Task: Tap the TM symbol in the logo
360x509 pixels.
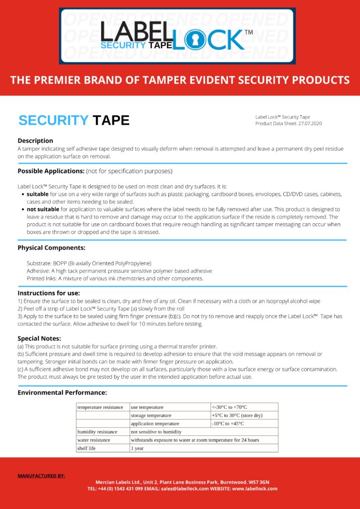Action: pyautogui.click(x=249, y=32)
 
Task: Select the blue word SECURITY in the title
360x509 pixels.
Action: pyautogui.click(x=53, y=120)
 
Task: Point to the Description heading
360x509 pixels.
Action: pyautogui.click(x=35, y=141)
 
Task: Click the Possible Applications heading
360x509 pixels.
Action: pyautogui.click(x=51, y=171)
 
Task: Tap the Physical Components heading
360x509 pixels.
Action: pyautogui.click(x=51, y=248)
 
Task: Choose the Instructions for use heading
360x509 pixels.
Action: pyautogui.click(x=49, y=293)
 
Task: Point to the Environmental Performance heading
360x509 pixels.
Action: pyautogui.click(x=62, y=393)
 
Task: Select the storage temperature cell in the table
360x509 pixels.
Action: pyautogui.click(x=151, y=416)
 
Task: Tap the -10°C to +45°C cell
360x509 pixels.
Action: pyautogui.click(x=228, y=424)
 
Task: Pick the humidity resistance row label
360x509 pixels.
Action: pyautogui.click(x=97, y=432)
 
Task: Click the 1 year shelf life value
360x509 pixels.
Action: pyautogui.click(x=138, y=448)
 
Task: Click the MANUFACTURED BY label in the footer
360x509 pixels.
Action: pyautogui.click(x=41, y=476)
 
